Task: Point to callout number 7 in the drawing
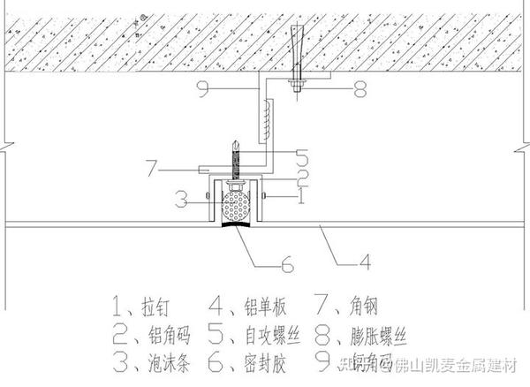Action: (x=153, y=164)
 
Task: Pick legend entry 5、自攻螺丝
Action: (x=260, y=335)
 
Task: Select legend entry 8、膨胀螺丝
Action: (x=362, y=335)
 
